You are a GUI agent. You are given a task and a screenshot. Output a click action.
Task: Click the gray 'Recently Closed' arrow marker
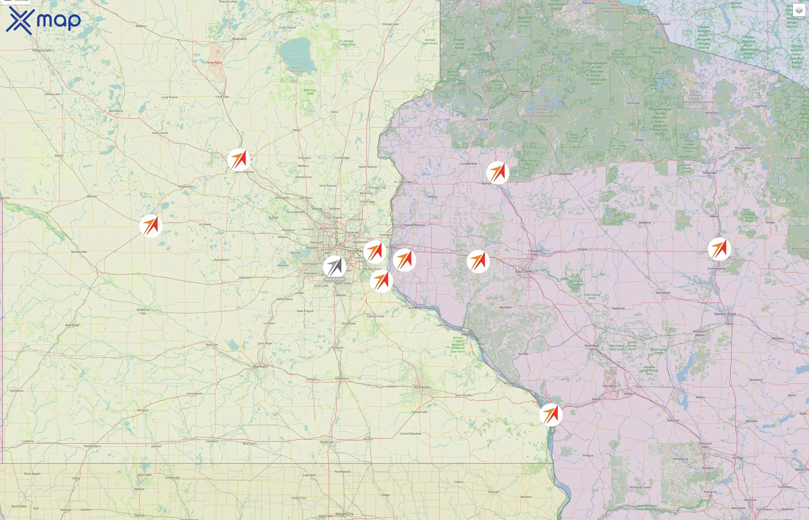pos(334,267)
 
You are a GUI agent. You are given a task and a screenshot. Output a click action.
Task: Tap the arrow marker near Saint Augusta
pos(239,159)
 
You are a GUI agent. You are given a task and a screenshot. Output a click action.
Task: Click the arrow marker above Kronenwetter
pos(719,249)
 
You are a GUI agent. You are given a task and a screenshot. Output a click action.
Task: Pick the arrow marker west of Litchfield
pos(151,226)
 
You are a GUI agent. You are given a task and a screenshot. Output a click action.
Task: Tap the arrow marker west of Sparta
pos(551,414)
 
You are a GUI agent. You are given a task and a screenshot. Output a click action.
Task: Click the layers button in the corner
pos(799,10)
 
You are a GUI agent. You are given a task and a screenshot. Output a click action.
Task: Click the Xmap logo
pos(43,20)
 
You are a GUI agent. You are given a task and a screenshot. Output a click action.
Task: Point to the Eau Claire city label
pos(523,272)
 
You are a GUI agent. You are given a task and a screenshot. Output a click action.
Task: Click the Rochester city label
pos(422,387)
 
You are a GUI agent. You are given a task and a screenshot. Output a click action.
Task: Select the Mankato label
pos(260,366)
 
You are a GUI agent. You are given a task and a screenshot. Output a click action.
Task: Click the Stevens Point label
pos(725,314)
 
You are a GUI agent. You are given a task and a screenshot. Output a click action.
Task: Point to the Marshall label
pos(72,325)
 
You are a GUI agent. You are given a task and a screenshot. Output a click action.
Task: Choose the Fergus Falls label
pos(42,50)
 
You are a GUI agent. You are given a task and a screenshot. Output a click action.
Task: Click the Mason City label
pos(344,514)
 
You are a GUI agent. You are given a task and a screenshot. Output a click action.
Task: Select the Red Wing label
pos(415,308)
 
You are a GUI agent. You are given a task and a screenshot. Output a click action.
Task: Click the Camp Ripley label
pos(214,62)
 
